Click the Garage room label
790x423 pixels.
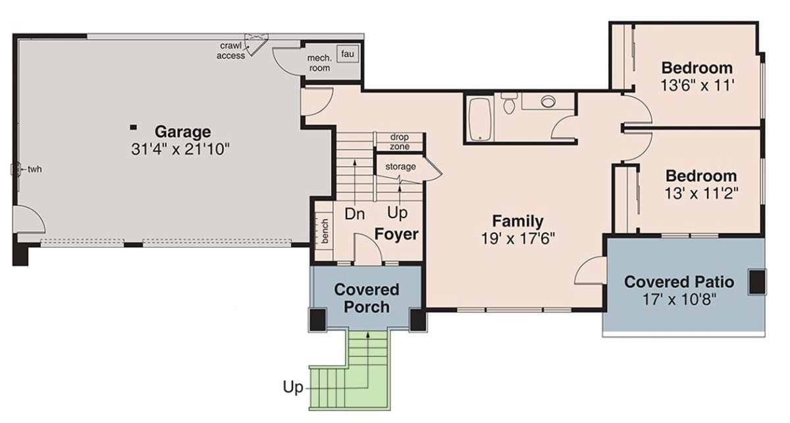(x=182, y=131)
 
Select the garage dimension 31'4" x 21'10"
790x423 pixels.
(x=180, y=149)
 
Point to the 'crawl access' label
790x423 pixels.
(x=231, y=51)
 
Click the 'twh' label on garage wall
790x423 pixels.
(x=34, y=169)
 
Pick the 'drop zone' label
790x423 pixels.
(x=399, y=141)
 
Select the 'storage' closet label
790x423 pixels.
(x=400, y=167)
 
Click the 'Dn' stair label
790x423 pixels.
(x=355, y=214)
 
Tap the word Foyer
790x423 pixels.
(x=396, y=234)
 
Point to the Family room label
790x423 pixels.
(x=518, y=221)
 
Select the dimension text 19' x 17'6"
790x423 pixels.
(x=518, y=238)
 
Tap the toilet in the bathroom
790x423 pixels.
(x=508, y=104)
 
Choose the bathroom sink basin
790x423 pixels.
(x=548, y=101)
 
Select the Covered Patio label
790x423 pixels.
(x=679, y=282)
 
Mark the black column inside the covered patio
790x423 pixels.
(x=757, y=281)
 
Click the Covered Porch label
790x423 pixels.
(x=367, y=298)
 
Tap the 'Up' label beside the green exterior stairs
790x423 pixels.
(x=293, y=387)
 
